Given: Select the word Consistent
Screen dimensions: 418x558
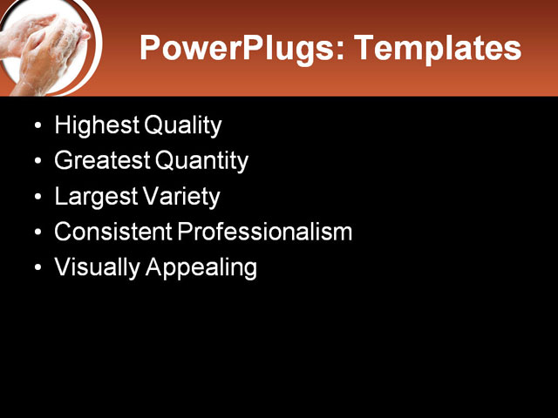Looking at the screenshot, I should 112,232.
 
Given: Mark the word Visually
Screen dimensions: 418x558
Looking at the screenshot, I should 97,267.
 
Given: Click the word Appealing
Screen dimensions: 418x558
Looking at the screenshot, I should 201,267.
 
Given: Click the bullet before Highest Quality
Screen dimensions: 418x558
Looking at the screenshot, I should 37,127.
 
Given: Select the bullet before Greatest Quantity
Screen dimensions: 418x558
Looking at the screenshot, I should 37,163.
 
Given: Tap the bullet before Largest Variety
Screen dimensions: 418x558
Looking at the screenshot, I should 37,199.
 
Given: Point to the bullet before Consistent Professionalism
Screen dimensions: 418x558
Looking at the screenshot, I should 37,233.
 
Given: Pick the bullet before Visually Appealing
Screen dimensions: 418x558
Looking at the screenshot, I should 37,269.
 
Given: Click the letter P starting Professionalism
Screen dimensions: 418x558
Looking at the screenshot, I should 185,232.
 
